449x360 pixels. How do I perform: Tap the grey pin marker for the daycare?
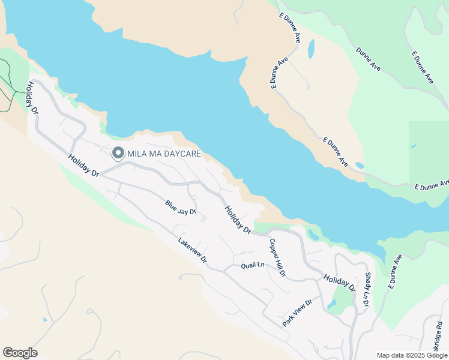pos(118,154)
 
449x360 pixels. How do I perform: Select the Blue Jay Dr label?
pos(181,208)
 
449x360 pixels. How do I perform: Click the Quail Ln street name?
pos(253,265)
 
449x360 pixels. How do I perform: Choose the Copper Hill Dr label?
pos(277,258)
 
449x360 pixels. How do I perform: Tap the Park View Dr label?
pos(298,313)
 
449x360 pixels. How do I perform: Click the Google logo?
pos(20,353)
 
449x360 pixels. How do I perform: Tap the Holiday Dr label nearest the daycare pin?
pos(83,166)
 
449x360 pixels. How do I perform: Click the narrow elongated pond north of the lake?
pos(311,49)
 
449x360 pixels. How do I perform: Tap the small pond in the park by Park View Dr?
pos(332,304)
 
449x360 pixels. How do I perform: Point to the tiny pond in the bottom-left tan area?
pos(45,320)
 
